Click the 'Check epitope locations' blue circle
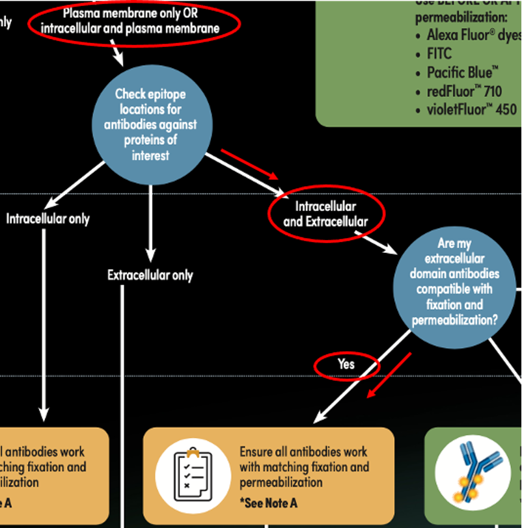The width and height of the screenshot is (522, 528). tap(150, 125)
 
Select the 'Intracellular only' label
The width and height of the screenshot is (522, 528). tap(48, 218)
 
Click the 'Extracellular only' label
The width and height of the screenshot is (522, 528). tap(150, 275)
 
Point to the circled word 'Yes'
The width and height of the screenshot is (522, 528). tap(346, 365)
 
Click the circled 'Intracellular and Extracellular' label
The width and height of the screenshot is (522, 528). tap(326, 214)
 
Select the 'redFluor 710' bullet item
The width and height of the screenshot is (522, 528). tap(464, 90)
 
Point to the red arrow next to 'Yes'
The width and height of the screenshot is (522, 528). tap(389, 375)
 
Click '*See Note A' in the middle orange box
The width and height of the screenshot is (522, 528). tap(269, 503)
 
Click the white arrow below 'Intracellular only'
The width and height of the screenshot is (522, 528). tap(44, 325)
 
